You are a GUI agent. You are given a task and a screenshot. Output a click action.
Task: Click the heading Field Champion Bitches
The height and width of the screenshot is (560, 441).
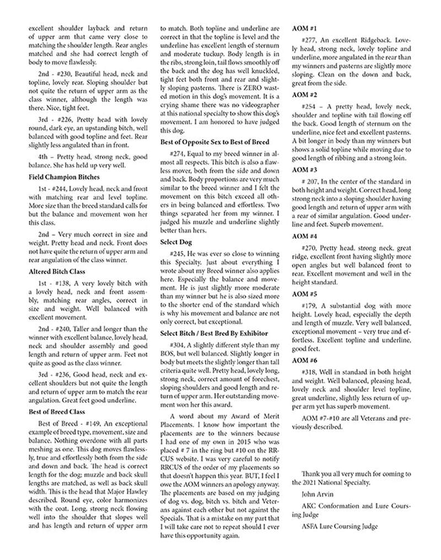64,177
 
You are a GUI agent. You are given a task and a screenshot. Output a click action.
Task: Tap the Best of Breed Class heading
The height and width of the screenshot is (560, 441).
56,411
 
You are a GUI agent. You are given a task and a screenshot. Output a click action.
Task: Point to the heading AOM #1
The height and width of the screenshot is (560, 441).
303,28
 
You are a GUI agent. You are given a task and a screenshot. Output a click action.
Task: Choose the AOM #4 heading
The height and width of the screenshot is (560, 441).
303,236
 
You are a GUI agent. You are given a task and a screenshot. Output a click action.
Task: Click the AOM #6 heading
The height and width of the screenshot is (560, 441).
303,360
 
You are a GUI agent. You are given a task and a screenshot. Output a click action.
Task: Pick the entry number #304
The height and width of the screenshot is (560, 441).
179,344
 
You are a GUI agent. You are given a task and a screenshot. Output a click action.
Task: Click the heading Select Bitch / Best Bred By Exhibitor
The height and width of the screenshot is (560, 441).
214,333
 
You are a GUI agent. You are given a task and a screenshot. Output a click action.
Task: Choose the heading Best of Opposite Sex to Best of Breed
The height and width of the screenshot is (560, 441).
215,142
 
